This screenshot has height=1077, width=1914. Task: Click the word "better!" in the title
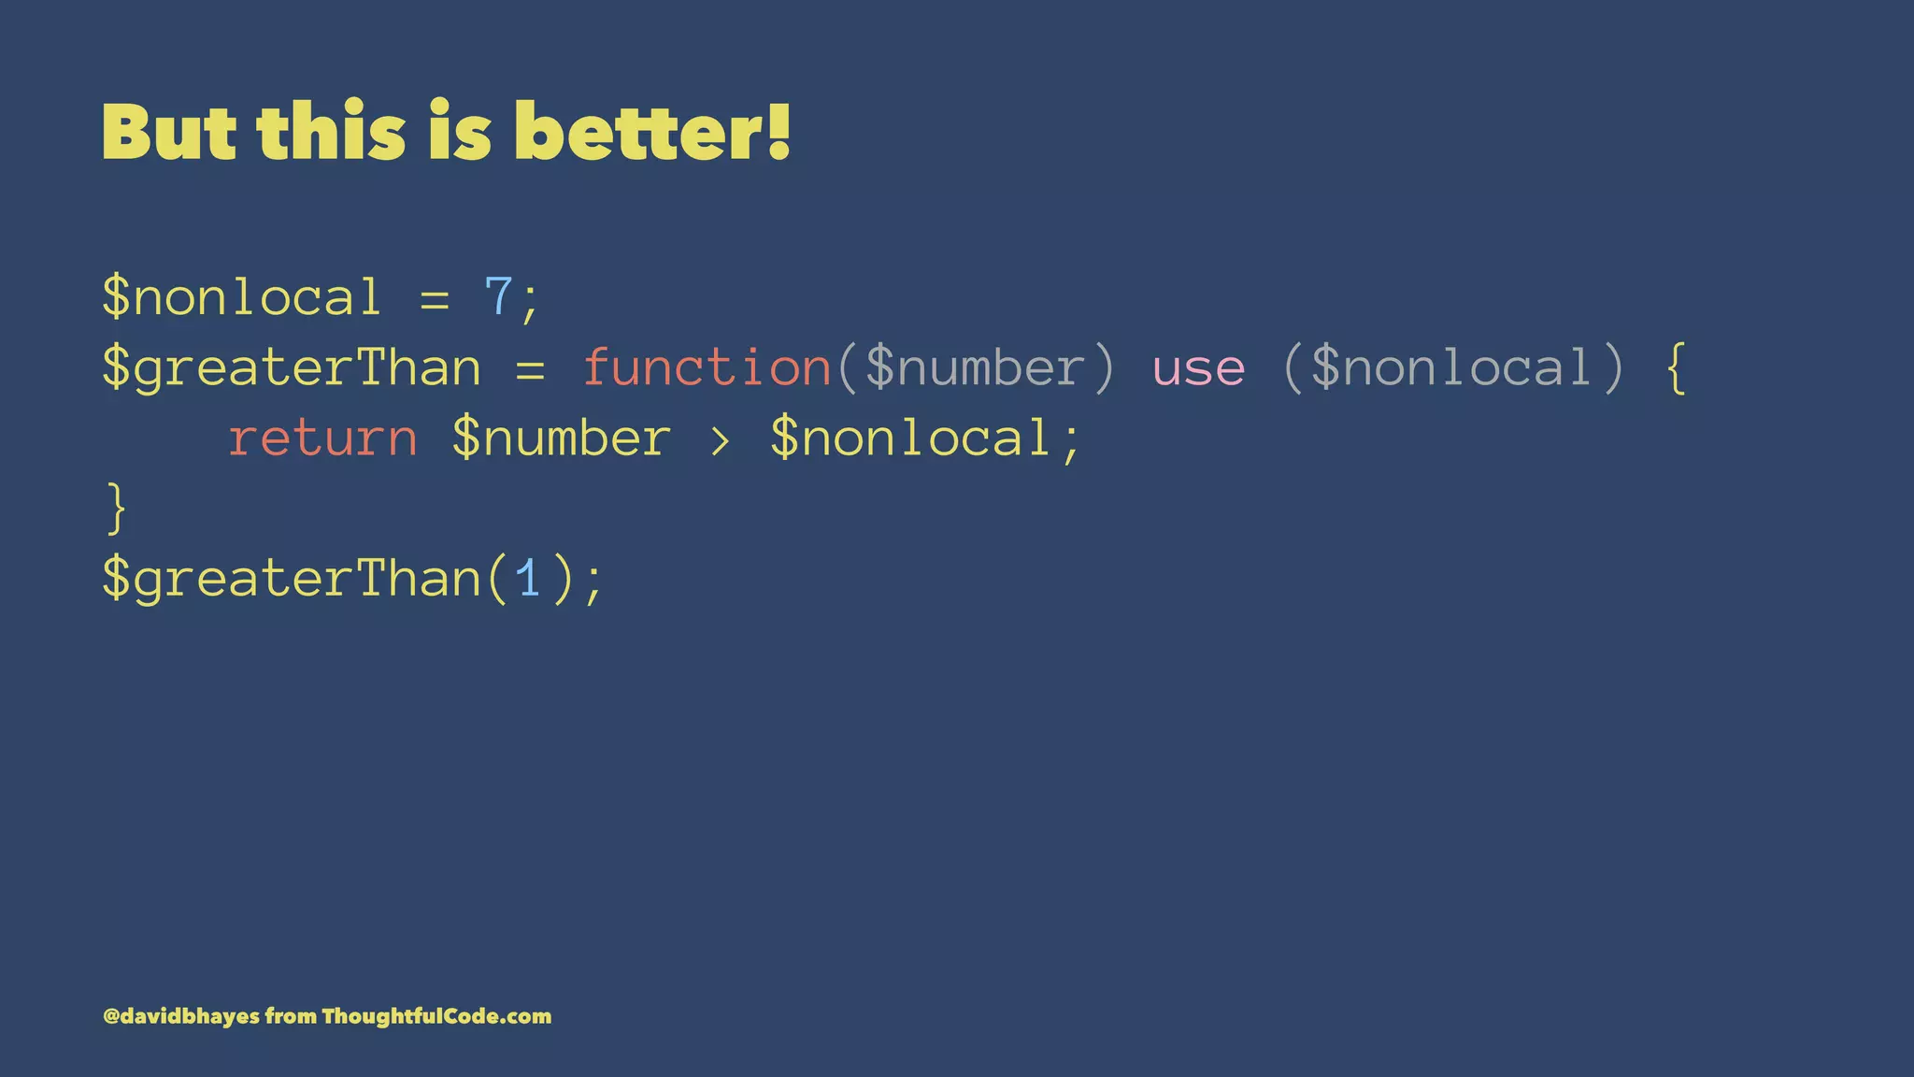(652, 132)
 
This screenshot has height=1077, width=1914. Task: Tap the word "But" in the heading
(169, 132)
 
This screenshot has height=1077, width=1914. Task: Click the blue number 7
(498, 297)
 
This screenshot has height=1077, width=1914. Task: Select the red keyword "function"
(707, 367)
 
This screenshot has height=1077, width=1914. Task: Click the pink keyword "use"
(1198, 368)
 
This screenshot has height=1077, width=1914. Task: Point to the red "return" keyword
(322, 438)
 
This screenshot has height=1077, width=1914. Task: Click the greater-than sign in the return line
(720, 439)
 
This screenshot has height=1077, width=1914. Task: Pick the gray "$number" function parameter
(974, 367)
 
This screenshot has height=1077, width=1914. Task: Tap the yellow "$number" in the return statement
(561, 438)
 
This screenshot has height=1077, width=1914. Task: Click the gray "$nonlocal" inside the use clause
(1451, 367)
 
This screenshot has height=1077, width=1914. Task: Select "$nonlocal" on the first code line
(242, 297)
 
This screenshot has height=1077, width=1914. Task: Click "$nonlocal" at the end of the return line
(910, 438)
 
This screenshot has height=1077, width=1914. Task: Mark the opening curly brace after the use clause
(1677, 368)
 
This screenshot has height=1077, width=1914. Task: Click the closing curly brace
(116, 508)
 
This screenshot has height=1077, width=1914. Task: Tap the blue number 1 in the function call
(529, 579)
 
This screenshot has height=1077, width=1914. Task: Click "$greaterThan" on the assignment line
(291, 367)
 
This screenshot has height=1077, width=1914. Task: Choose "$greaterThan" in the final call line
(291, 579)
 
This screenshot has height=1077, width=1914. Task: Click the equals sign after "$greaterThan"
(530, 368)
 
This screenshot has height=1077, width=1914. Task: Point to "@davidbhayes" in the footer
(180, 1016)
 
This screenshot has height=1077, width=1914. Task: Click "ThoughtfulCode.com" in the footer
(436, 1016)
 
